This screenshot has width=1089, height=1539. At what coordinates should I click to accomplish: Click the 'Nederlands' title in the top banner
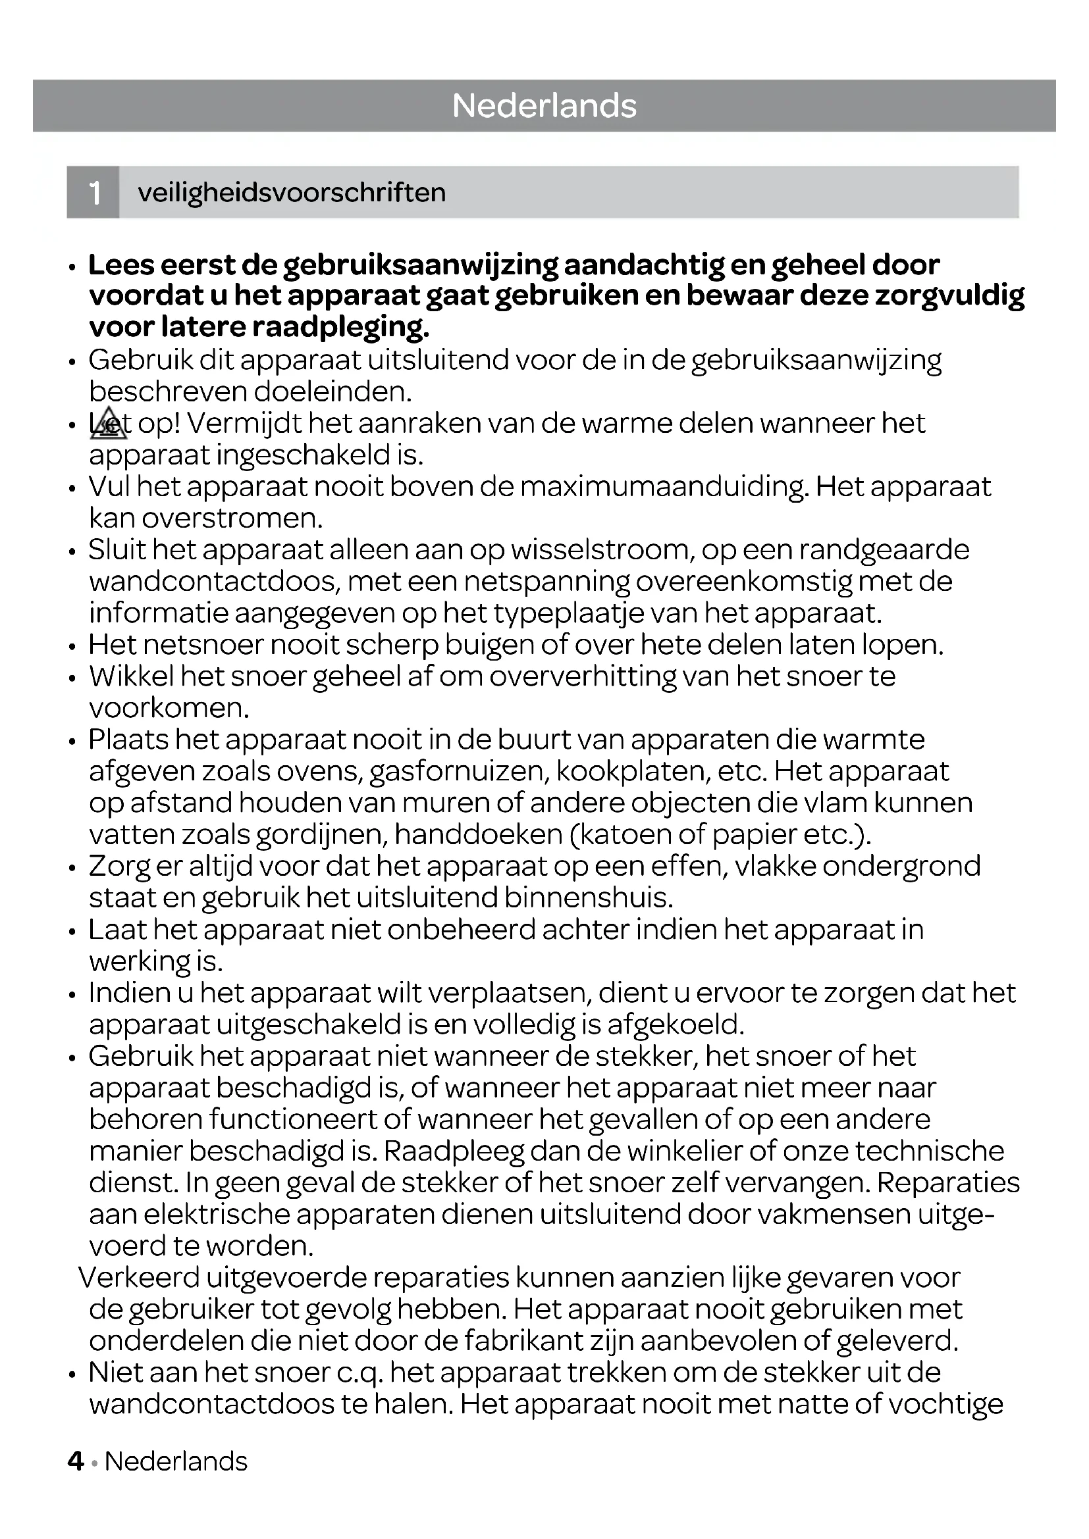pyautogui.click(x=544, y=106)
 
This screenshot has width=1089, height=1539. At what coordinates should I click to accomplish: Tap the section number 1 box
pyautogui.click(x=94, y=192)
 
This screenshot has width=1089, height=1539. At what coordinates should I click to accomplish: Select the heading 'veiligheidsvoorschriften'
pyautogui.click(x=292, y=193)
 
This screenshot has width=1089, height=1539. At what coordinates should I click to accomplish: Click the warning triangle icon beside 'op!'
pyautogui.click(x=108, y=424)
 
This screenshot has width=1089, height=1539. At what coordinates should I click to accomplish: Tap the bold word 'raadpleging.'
pyautogui.click(x=341, y=327)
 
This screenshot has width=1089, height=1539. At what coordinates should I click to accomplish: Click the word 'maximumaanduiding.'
pyautogui.click(x=664, y=487)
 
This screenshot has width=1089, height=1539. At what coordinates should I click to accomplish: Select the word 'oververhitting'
pyautogui.click(x=583, y=676)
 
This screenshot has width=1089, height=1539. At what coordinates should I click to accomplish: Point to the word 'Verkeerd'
pyautogui.click(x=140, y=1278)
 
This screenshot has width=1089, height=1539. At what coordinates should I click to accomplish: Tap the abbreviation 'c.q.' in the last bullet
pyautogui.click(x=359, y=1373)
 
